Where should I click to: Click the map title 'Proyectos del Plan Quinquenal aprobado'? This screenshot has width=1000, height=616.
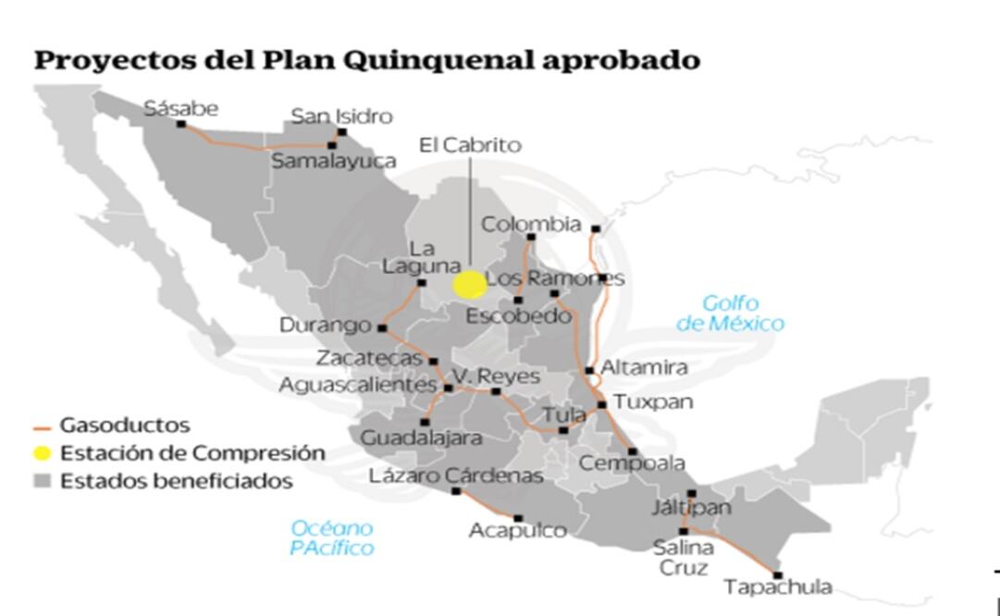tap(366, 61)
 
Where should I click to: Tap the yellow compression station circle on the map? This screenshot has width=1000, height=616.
tap(469, 285)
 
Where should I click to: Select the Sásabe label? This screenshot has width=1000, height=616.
tap(181, 108)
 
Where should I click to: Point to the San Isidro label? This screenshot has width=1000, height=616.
tap(341, 117)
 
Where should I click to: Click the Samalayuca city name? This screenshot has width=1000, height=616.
tap(333, 161)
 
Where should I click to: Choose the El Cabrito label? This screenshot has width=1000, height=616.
tap(470, 145)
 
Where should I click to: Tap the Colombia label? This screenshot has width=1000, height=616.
tap(531, 225)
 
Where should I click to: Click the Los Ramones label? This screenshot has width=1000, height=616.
tap(555, 278)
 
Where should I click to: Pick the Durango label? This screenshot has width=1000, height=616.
tap(325, 326)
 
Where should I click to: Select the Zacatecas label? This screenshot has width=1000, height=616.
tap(369, 358)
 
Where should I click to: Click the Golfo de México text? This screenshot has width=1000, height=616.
tap(730, 314)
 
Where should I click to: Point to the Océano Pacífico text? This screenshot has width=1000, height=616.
tap(331, 538)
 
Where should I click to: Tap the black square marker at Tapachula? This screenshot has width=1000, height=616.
tap(777, 574)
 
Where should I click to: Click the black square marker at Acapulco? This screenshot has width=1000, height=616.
tap(518, 519)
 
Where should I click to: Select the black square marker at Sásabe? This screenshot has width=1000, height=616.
tap(181, 124)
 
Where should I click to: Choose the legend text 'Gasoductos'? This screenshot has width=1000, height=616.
tap(125, 426)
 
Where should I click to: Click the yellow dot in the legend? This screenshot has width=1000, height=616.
tap(42, 454)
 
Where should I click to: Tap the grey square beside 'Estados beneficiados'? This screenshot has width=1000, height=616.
tap(42, 482)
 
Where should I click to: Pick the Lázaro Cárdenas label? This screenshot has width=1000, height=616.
tap(455, 475)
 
